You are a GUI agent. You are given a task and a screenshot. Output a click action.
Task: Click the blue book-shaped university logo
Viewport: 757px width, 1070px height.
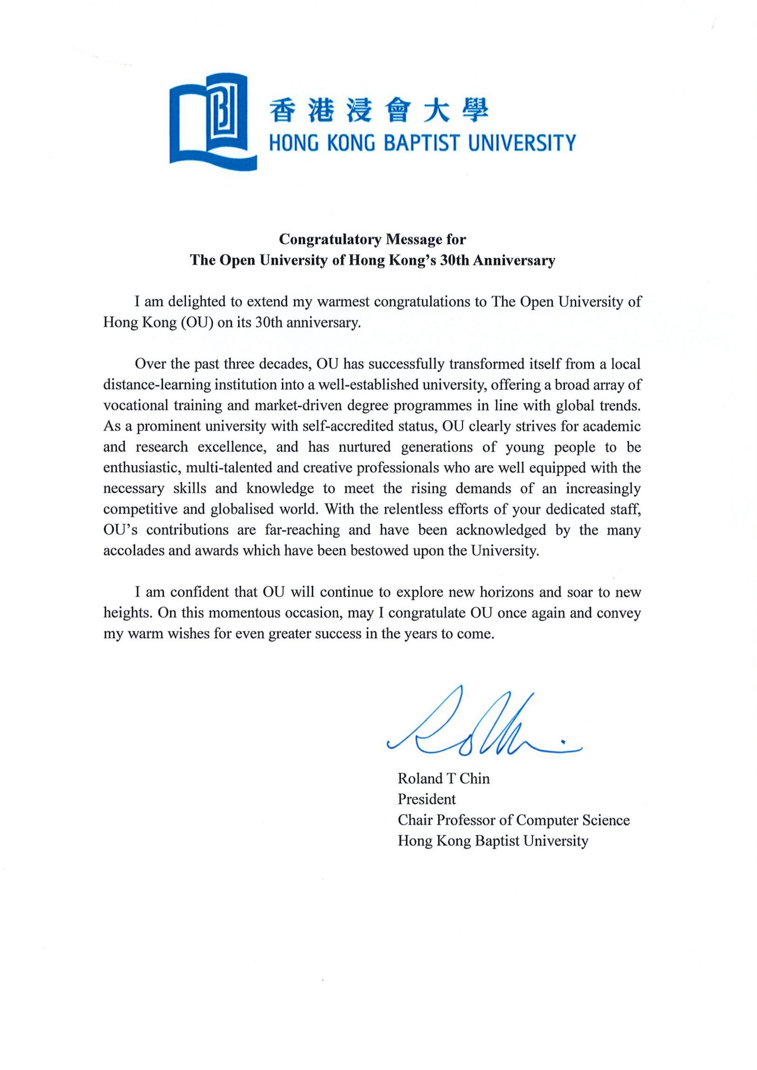click(x=213, y=121)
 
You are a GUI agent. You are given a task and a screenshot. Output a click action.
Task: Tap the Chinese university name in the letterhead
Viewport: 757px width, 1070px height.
click(x=378, y=112)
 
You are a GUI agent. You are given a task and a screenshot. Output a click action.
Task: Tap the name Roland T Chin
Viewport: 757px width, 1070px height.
click(x=443, y=779)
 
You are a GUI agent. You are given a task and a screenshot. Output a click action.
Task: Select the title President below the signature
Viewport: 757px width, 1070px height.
click(x=427, y=799)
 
